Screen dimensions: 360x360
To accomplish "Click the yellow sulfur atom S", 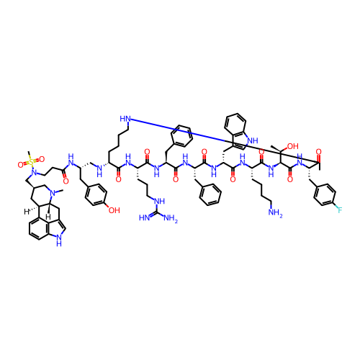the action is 31,163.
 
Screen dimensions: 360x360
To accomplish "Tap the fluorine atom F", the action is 340,210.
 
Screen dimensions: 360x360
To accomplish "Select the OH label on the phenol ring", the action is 114,210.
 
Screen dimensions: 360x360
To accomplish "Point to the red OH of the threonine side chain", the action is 293,146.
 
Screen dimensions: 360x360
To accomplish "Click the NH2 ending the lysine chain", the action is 276,213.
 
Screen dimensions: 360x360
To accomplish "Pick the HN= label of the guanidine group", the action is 145,218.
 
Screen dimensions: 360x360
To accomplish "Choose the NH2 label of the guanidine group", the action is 171,219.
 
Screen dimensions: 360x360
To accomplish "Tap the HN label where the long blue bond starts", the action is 125,119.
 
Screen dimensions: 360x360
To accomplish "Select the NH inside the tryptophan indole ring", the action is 253,140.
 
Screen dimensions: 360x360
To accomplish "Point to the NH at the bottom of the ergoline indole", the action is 59,240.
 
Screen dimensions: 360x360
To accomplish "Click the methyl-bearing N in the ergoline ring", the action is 53,192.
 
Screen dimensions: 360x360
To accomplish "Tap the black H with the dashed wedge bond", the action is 27,212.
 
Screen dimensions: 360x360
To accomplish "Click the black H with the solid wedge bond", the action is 48,217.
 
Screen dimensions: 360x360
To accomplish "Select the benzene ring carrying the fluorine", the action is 325,194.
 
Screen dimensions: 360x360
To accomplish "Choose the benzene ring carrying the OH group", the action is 96,194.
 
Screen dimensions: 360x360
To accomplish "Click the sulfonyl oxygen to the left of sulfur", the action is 21,165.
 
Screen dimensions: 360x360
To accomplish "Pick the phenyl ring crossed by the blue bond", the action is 181,136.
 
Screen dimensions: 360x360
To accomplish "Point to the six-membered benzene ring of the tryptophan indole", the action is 235,125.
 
